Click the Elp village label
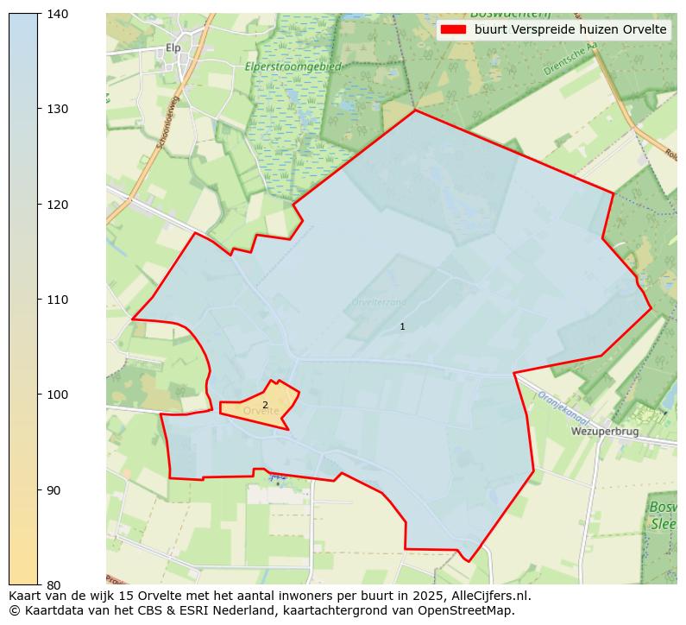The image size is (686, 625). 173,48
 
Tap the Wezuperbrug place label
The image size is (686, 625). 604,431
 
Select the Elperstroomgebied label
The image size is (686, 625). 293,66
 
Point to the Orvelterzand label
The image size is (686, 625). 379,302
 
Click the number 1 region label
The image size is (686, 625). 402,326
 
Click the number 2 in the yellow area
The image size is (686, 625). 265,405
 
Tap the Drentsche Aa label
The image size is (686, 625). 571,60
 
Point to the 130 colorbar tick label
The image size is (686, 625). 57,109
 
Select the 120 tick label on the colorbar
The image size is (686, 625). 57,205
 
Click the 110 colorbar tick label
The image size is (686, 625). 57,300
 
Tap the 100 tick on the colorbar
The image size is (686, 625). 57,395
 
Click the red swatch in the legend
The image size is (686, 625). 453,29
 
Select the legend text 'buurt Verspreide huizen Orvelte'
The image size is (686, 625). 570,29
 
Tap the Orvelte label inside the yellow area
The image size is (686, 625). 261,412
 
